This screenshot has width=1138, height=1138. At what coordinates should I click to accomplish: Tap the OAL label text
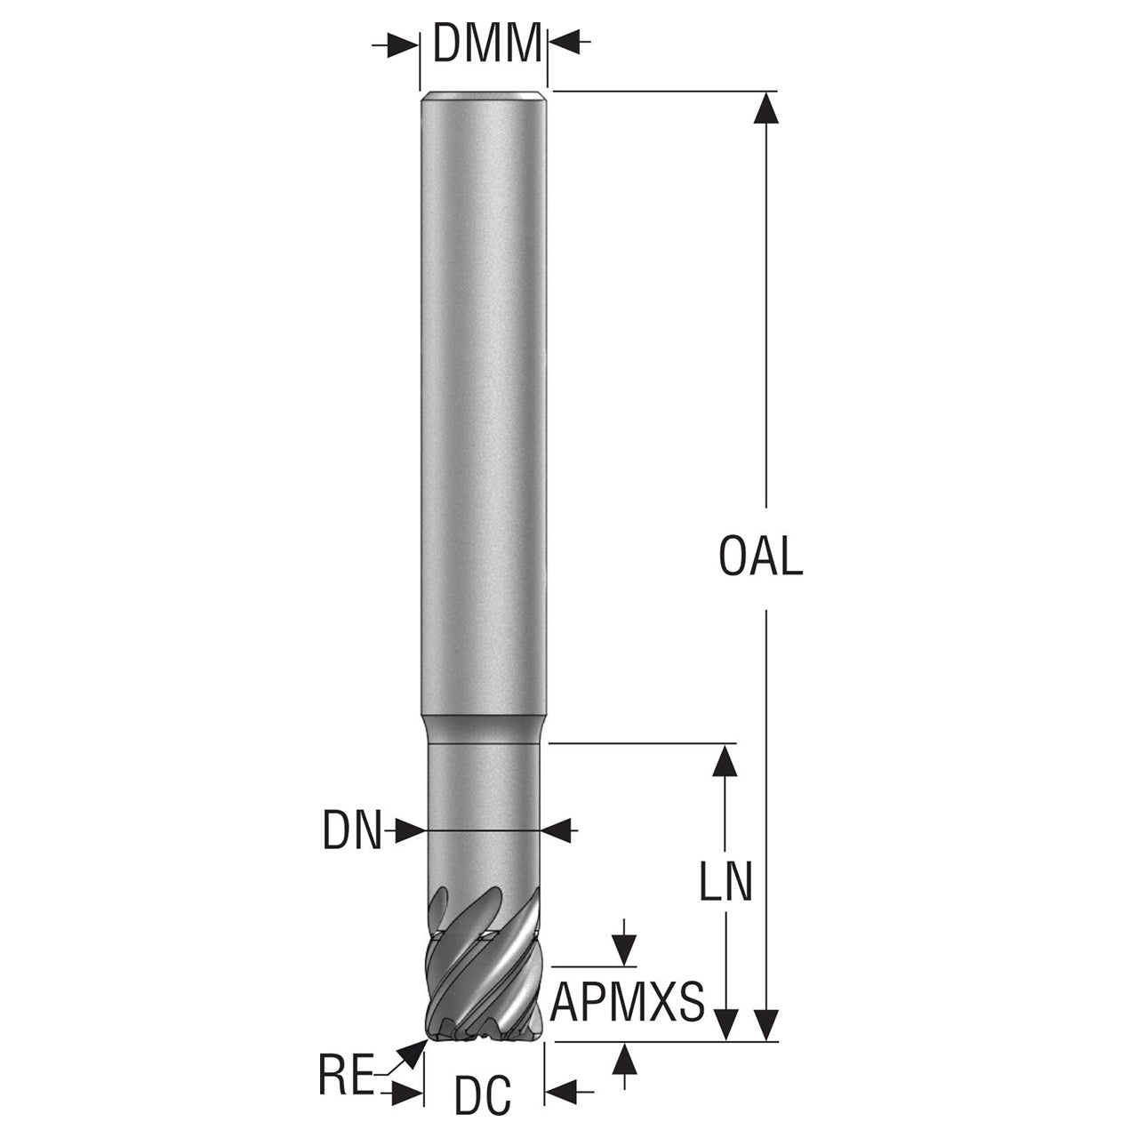pyautogui.click(x=761, y=557)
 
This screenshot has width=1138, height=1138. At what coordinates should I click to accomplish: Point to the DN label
pyautogui.click(x=352, y=831)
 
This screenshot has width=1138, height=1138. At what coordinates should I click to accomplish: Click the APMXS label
pyautogui.click(x=627, y=1002)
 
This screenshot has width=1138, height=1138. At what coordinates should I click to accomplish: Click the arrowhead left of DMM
pyautogui.click(x=403, y=44)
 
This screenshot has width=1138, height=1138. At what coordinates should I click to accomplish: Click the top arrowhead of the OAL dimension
pyautogui.click(x=766, y=108)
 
